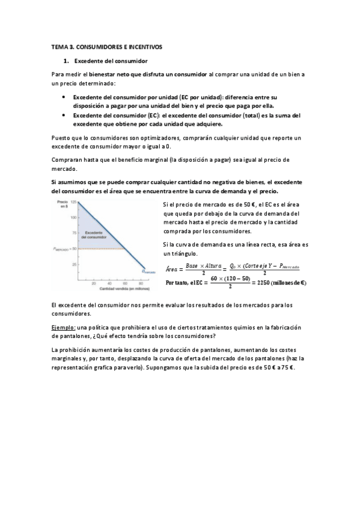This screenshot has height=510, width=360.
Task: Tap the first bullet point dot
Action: click(x=64, y=97)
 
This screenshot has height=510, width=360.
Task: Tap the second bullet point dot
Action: click(x=64, y=114)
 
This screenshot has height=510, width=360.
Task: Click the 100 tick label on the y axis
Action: click(x=73, y=217)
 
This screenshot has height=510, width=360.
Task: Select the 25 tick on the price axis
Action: click(x=74, y=264)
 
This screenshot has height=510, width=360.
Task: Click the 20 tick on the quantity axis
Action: click(x=94, y=283)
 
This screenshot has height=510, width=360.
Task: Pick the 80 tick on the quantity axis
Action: click(x=140, y=283)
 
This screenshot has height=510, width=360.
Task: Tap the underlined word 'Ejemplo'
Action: click(x=64, y=327)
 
